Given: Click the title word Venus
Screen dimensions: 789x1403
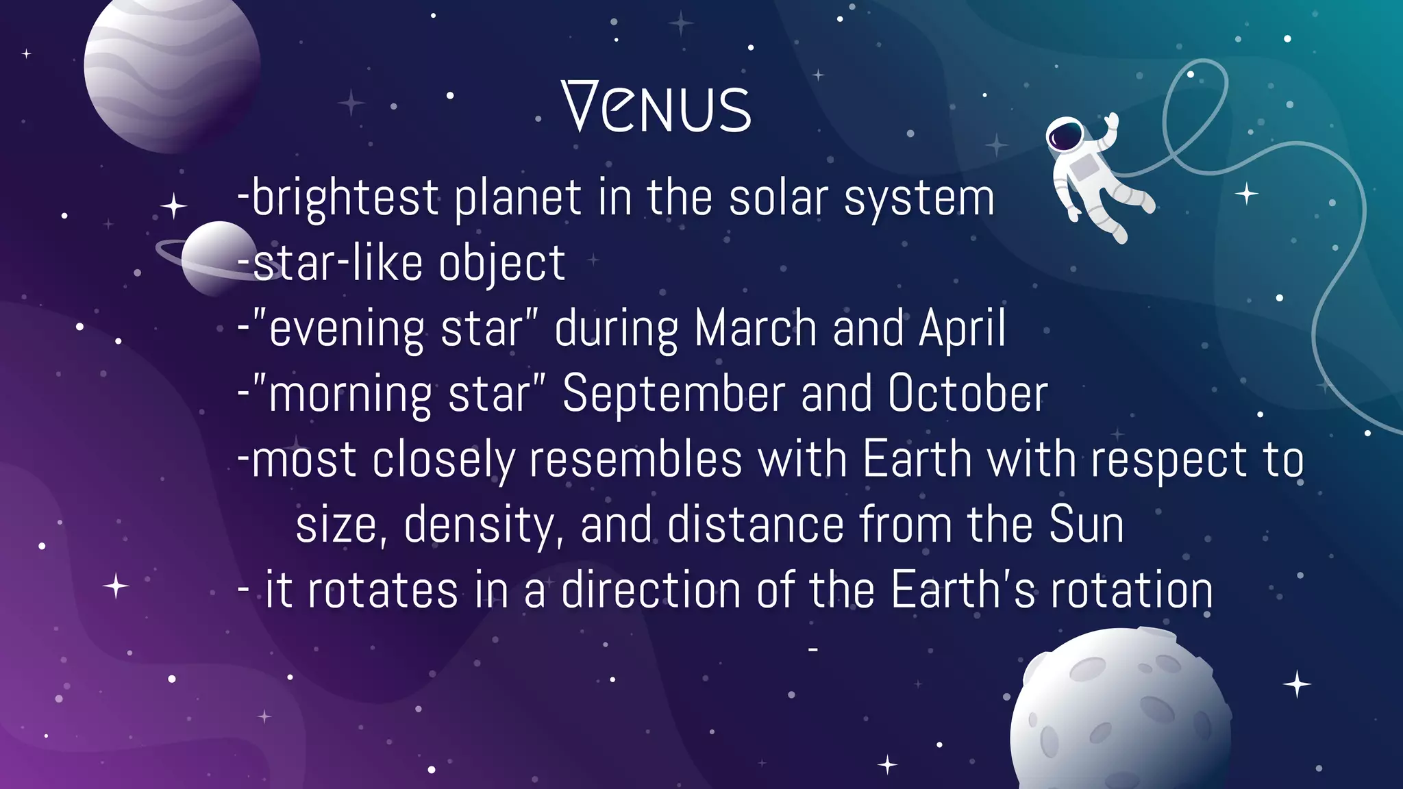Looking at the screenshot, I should [656, 107].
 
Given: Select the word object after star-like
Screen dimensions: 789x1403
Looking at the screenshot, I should [501, 264].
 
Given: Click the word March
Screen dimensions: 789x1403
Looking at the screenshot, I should [755, 328].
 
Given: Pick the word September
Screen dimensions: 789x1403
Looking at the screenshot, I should [673, 394].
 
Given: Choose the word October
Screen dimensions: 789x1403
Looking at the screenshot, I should [967, 394].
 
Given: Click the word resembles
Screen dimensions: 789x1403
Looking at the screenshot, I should [635, 460].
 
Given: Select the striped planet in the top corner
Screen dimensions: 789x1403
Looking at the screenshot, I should [171, 68].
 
